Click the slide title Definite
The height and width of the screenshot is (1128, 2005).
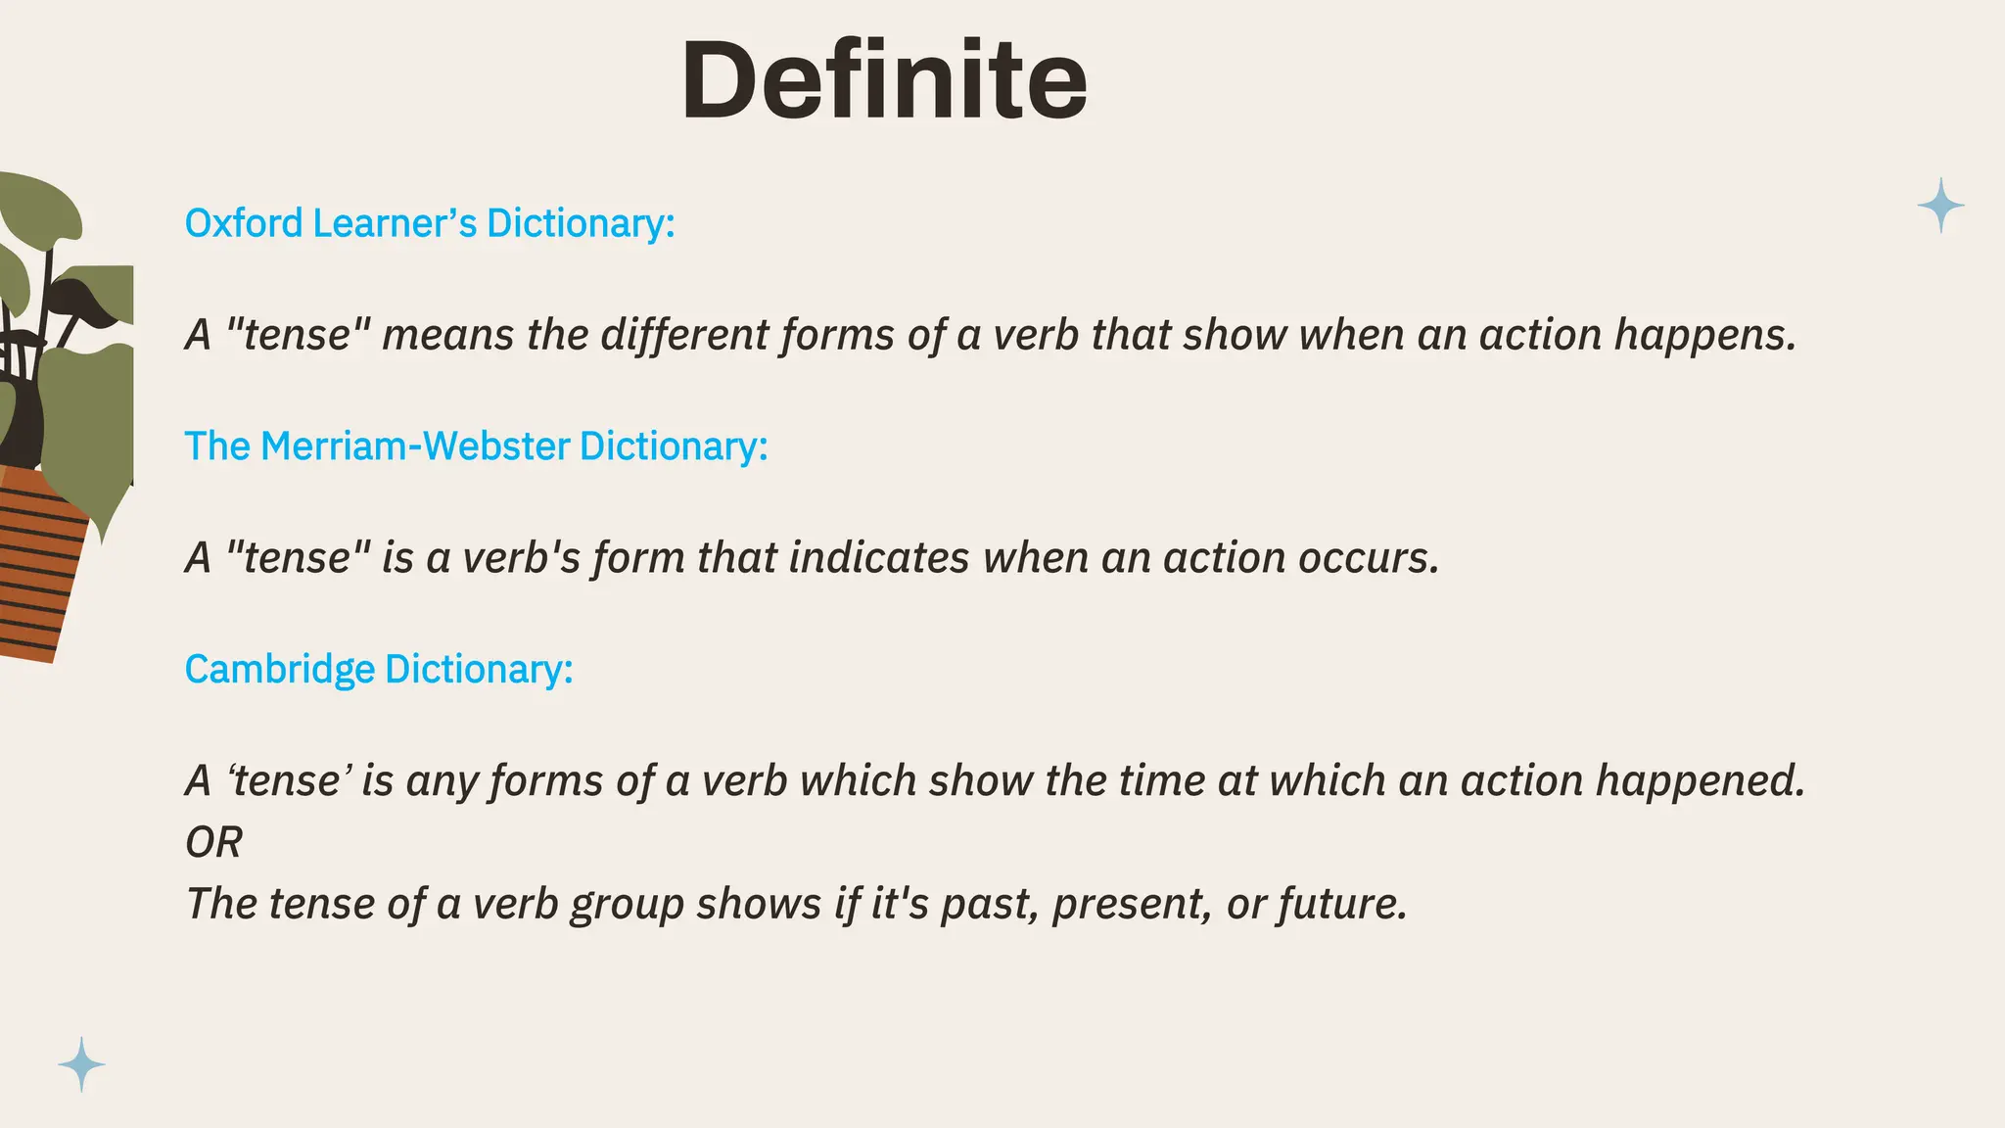[x=884, y=80]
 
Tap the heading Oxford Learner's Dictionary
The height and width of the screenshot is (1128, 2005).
[x=430, y=223]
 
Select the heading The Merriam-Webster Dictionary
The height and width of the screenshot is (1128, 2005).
[x=476, y=446]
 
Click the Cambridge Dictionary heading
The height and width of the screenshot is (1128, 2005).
[x=378, y=670]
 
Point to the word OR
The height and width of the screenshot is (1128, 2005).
[x=213, y=843]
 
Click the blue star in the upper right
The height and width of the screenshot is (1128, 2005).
[x=1940, y=206]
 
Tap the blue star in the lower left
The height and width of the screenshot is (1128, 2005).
[x=81, y=1064]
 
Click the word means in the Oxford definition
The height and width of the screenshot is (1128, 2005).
[x=447, y=336]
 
